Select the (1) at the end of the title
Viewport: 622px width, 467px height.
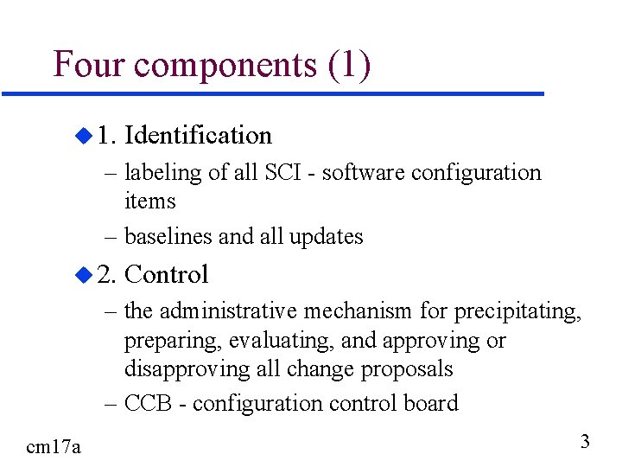[x=349, y=66]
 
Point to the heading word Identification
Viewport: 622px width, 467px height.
[x=198, y=135]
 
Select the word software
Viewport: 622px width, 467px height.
[x=362, y=172]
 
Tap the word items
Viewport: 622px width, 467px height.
[x=150, y=202]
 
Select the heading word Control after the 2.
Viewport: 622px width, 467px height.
[x=167, y=274]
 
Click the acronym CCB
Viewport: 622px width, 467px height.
[x=151, y=403]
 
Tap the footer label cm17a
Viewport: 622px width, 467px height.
[x=54, y=446]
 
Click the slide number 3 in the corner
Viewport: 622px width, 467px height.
[x=585, y=443]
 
